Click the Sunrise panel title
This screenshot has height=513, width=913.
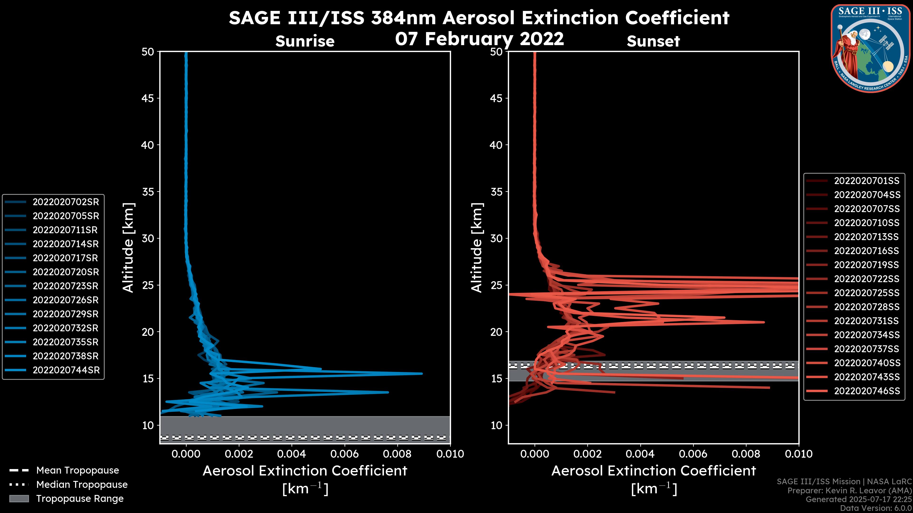(x=305, y=41)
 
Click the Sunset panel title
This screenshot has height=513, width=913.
(x=653, y=41)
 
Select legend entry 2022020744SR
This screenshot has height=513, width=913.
(x=66, y=370)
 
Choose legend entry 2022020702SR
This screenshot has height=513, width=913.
(x=66, y=202)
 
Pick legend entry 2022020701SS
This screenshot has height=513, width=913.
(x=867, y=181)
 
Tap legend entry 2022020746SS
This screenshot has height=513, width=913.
(x=867, y=391)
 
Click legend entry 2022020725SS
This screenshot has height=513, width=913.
(x=867, y=293)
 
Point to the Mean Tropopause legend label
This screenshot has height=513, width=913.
(x=78, y=470)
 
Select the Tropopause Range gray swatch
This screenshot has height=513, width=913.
(x=19, y=499)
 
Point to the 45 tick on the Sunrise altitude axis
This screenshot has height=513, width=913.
(x=148, y=98)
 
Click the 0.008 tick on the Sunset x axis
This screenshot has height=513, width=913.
(x=746, y=454)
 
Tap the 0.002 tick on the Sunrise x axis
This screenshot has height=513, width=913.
(x=239, y=454)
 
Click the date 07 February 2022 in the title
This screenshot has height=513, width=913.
(x=479, y=38)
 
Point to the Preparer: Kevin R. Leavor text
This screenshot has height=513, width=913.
(x=849, y=491)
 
